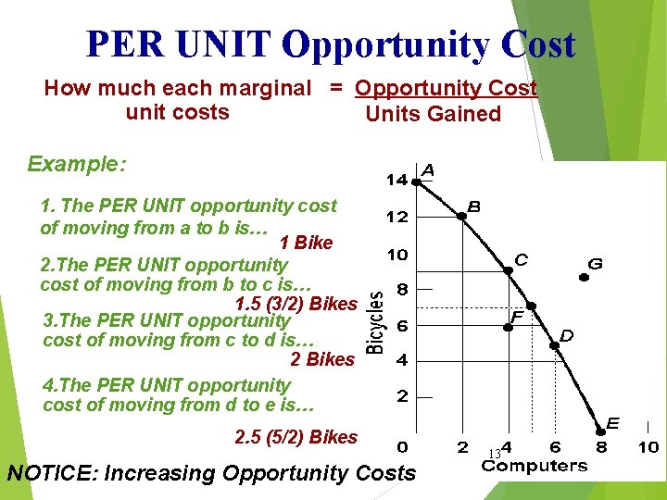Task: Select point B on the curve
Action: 461,217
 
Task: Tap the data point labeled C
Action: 508,270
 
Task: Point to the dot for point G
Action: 585,276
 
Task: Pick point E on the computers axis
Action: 600,430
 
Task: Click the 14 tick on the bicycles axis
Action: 396,180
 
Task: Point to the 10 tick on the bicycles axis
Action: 396,254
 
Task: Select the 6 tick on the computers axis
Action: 555,447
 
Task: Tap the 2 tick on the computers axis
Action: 462,447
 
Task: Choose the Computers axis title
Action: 535,465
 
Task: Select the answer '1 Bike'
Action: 306,244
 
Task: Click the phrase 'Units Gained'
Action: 434,114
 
